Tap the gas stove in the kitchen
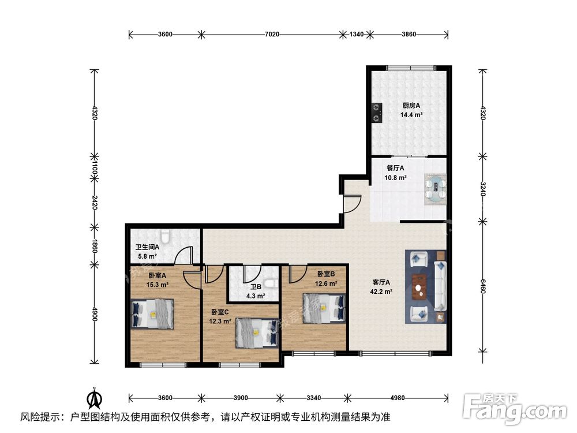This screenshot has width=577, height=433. pyautogui.click(x=377, y=113)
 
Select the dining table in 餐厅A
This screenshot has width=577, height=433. pyautogui.click(x=435, y=190)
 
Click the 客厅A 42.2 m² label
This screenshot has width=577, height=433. pyautogui.click(x=382, y=287)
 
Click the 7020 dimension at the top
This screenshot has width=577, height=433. pyautogui.click(x=272, y=35)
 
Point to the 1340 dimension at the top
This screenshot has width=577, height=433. pyautogui.click(x=357, y=35)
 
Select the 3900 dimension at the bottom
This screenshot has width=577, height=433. pyautogui.click(x=241, y=398)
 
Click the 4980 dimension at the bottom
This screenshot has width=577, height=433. pyautogui.click(x=398, y=398)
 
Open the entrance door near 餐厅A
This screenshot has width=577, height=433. pyautogui.click(x=351, y=203)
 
